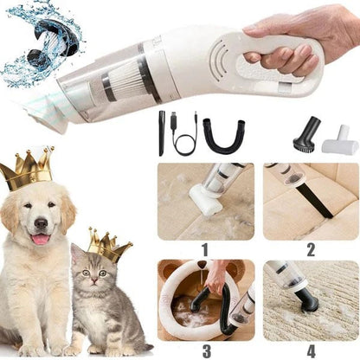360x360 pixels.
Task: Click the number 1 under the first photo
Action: tap(205, 249)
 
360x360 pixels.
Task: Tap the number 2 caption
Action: tap(311, 249)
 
